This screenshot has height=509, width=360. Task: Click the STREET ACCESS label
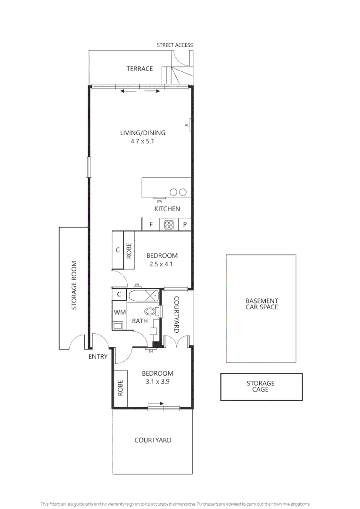(x=175, y=45)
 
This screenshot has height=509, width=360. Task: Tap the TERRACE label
(x=139, y=69)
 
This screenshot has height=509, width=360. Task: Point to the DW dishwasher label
(x=159, y=201)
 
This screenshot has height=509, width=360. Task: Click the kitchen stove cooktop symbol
(x=169, y=225)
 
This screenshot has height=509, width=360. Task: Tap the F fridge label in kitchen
(x=151, y=225)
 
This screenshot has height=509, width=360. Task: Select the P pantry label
(x=185, y=225)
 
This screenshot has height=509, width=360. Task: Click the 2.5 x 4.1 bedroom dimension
(x=161, y=264)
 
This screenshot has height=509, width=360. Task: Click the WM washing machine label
(x=119, y=312)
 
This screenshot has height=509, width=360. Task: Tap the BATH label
(x=140, y=321)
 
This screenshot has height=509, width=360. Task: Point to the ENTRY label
(x=98, y=357)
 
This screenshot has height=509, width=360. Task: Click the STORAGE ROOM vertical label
(x=74, y=286)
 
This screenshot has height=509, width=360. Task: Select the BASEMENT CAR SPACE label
(x=262, y=304)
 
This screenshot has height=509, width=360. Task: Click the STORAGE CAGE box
(x=261, y=386)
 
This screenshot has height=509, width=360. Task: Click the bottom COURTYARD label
(x=153, y=440)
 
